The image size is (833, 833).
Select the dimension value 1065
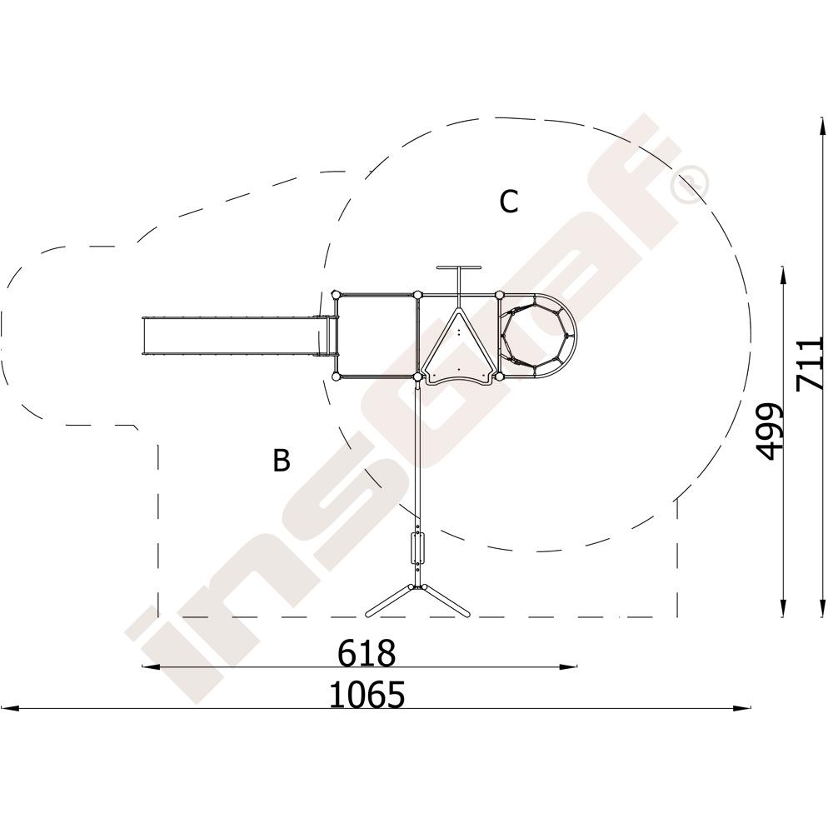367,695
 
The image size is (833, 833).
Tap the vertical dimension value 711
811,364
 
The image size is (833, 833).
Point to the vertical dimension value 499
769,431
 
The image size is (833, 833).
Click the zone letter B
282,460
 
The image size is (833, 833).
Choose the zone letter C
508,202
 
